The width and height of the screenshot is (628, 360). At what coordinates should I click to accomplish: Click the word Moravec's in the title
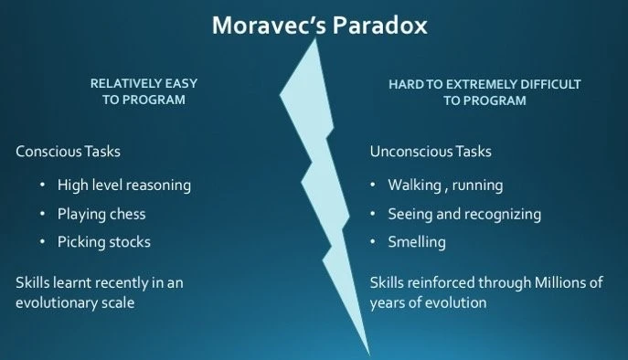tap(269, 26)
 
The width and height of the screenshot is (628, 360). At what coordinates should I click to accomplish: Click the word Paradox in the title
tap(379, 26)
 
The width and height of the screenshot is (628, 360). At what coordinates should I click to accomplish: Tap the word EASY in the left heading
tap(181, 83)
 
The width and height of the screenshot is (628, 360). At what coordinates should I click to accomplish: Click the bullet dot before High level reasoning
tap(42, 185)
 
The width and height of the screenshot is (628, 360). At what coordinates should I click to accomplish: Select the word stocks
tap(130, 242)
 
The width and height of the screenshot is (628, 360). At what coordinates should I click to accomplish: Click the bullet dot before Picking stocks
tap(42, 242)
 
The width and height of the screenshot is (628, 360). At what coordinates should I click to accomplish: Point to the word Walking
tap(414, 185)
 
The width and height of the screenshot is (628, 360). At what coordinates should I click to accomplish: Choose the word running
tap(477, 185)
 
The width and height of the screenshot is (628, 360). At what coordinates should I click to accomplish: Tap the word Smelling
tap(417, 242)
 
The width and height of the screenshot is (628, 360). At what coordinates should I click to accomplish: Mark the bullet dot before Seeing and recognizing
tap(372, 214)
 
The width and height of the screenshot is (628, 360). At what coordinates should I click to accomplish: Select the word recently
tap(122, 282)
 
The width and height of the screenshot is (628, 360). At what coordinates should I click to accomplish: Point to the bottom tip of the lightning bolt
tap(369, 355)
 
